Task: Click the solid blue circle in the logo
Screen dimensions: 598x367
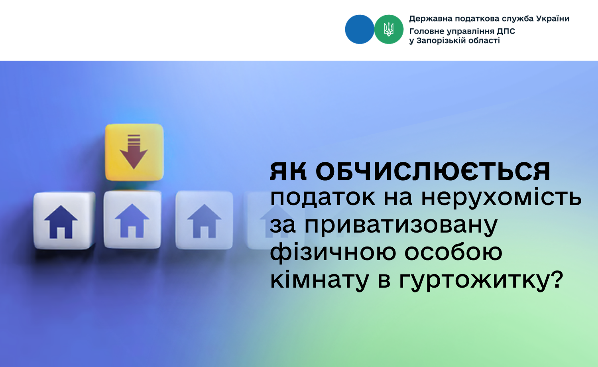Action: click(x=360, y=30)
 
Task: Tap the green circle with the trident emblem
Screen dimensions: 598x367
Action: click(x=389, y=30)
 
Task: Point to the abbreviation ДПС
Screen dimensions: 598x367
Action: click(x=506, y=32)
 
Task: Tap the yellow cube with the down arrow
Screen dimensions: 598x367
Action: click(x=134, y=152)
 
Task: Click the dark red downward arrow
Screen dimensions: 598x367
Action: click(x=134, y=152)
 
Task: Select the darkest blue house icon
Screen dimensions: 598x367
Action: click(x=61, y=222)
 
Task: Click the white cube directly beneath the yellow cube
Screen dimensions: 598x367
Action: click(x=133, y=219)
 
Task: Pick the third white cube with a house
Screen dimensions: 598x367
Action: click(x=204, y=220)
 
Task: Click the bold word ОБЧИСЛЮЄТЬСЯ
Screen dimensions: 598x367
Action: click(x=433, y=172)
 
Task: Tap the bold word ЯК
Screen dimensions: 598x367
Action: click(x=288, y=172)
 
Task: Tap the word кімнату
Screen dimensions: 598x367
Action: click(x=320, y=280)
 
